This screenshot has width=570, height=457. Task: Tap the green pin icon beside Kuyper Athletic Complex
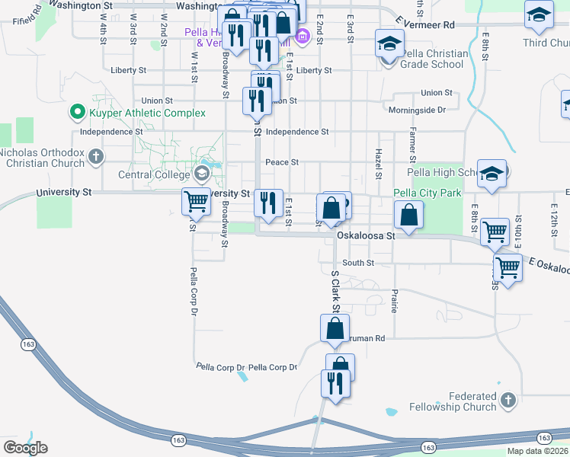pos(77,113)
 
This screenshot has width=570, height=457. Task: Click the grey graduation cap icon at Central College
pos(202,174)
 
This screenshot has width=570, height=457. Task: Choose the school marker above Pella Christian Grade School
pos(389,43)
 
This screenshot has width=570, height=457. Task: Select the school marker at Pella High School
pos(492,174)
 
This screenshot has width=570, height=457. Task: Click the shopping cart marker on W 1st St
pos(196,201)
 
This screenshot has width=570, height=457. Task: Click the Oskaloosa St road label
pos(366,237)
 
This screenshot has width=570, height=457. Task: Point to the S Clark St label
pos(334,291)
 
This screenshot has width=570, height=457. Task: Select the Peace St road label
pos(281,162)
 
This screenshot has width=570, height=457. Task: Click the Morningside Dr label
pos(417,110)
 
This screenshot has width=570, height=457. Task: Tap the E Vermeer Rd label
pos(427,25)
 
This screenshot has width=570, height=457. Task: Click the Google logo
pos(25,447)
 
